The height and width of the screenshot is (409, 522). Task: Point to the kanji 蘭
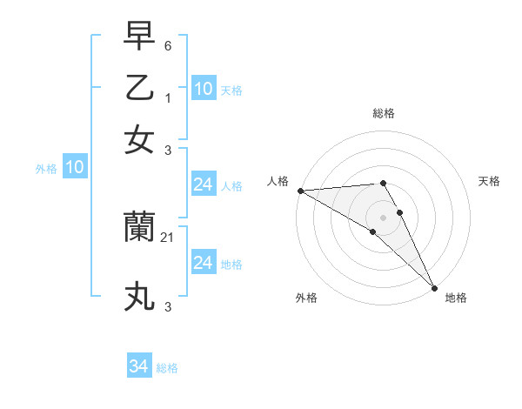pos(139,228)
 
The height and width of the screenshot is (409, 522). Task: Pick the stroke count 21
pos(169,237)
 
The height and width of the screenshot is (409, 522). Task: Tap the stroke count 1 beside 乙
pos(168,97)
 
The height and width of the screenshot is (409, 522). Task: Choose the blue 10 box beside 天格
pos(204,89)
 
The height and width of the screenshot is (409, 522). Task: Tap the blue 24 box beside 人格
pos(204,184)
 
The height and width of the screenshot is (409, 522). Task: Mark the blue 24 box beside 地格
pos(204,263)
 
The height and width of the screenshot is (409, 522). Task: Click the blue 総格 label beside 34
pos(167,368)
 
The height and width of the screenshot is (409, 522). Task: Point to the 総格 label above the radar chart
pos(383,113)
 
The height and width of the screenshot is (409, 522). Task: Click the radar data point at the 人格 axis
pos(299,191)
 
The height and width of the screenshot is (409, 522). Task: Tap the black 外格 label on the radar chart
pos(306,298)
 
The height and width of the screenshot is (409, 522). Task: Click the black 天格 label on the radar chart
pos(489,181)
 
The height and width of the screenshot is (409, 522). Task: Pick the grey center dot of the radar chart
pos(383,216)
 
